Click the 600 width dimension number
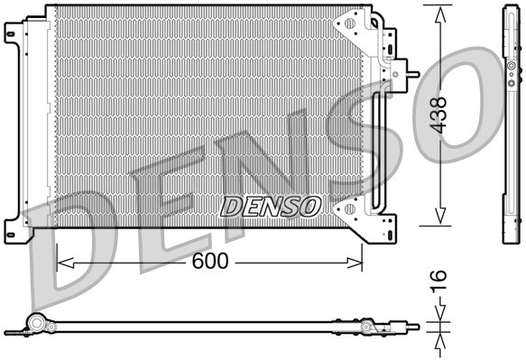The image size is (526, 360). pyautogui.click(x=208, y=262)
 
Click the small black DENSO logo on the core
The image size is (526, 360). pyautogui.click(x=270, y=207)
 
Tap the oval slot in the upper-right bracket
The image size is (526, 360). pyautogui.click(x=348, y=24)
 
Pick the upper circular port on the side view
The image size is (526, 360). pyautogui.click(x=510, y=67)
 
